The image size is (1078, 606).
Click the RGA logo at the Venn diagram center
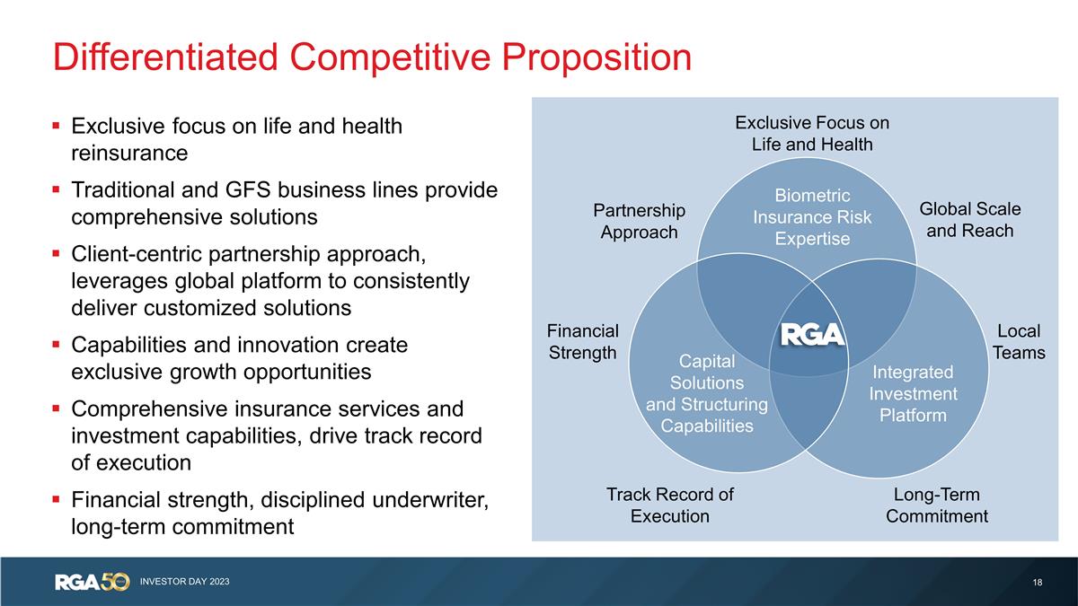(811, 334)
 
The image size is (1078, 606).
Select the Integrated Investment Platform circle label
(914, 393)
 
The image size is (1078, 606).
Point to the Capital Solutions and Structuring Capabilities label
(707, 393)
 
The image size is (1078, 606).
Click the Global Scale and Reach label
(970, 220)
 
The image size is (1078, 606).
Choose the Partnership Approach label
(639, 221)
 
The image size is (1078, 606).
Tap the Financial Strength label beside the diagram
(583, 342)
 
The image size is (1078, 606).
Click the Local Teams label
(1019, 342)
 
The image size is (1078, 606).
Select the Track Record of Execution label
(669, 505)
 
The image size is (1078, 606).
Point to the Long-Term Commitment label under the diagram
(937, 505)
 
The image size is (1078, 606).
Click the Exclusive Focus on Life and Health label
(812, 133)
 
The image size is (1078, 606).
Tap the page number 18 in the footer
(1038, 583)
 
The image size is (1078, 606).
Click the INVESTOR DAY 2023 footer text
(184, 582)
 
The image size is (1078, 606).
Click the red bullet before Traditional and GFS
(57, 190)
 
